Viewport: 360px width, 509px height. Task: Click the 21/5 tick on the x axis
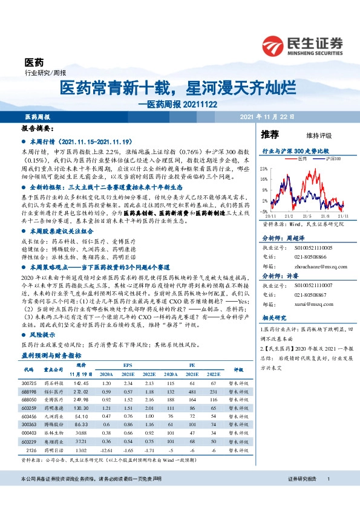click(x=306, y=215)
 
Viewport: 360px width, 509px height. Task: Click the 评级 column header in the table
click(x=237, y=369)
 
